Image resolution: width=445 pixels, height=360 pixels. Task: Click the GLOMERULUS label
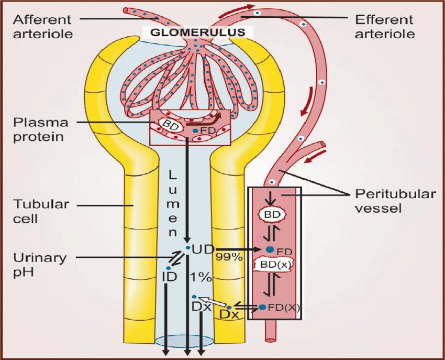tap(198, 31)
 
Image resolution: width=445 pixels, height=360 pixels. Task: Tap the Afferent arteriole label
tap(42, 27)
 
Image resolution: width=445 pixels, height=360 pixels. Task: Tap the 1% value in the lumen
tap(201, 276)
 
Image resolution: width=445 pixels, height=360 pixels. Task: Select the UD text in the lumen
tap(201, 249)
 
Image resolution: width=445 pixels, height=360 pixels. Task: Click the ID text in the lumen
tap(169, 276)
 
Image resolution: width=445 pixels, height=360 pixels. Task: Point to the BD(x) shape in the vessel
tap(272, 265)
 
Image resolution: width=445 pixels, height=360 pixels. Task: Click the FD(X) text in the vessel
tap(283, 308)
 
